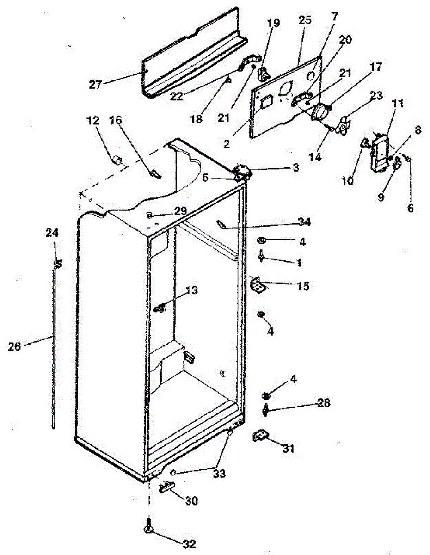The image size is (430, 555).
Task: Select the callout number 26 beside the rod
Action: pyautogui.click(x=15, y=345)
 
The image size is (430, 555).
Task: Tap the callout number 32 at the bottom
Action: pyautogui.click(x=190, y=544)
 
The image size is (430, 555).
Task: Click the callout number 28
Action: pyautogui.click(x=324, y=403)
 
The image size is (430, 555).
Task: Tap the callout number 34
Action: pyautogui.click(x=304, y=223)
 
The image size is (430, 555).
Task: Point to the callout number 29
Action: pyautogui.click(x=180, y=211)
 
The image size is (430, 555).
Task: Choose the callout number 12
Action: pyautogui.click(x=92, y=121)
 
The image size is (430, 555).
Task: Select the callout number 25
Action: pyautogui.click(x=305, y=20)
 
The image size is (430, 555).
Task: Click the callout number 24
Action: pyautogui.click(x=52, y=233)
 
